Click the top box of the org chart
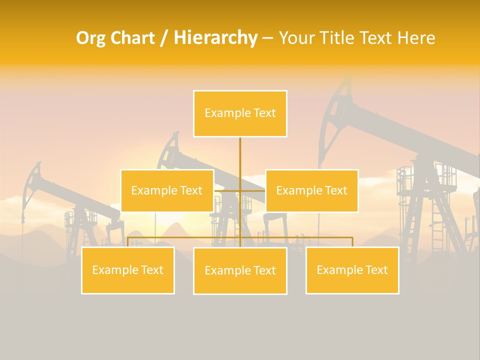[240, 113]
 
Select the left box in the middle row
[167, 190]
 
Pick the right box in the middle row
[311, 190]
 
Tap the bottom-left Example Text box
[128, 270]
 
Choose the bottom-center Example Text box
[240, 270]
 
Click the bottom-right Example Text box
[352, 270]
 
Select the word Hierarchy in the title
[215, 38]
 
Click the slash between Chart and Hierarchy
[164, 38]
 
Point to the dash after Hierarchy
[267, 38]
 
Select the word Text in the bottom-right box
[376, 270]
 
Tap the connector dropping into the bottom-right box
[352, 241]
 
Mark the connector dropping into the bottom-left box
[128, 241]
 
